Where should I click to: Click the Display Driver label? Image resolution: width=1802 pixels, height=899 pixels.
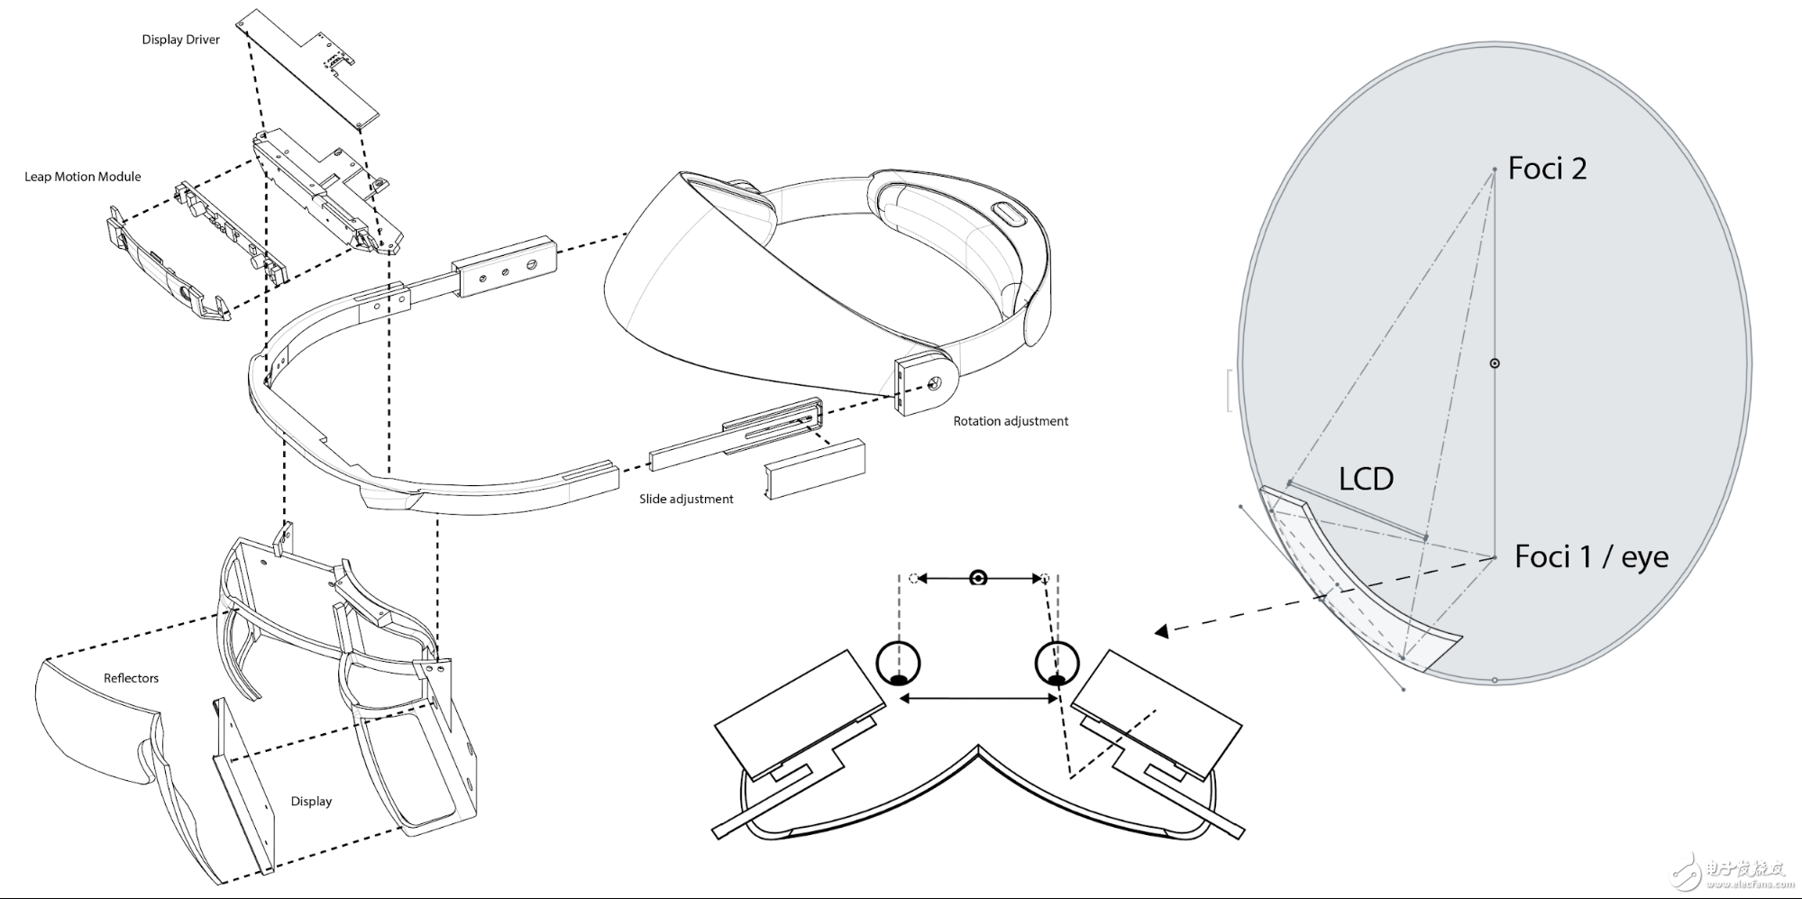pos(180,40)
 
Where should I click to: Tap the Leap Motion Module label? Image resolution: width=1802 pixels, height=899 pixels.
pos(83,177)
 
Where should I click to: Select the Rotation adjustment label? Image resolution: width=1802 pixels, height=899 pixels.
pos(1011,421)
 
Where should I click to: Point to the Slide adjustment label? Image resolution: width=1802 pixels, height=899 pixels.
pos(686,499)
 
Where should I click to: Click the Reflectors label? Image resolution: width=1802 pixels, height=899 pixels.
pos(131,678)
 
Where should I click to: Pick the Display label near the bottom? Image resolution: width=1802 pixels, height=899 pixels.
pos(311,801)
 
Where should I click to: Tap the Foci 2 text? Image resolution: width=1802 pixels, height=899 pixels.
pos(1547,169)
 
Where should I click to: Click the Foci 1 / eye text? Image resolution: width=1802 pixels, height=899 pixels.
pos(1591,556)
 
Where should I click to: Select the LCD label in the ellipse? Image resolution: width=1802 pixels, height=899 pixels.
pos(1366,479)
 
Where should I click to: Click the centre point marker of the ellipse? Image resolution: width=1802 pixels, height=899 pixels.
pos(1495,363)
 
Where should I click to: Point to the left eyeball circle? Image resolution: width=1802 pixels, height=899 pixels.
pos(898,663)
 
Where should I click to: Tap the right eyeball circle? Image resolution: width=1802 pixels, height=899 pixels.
pos(1057,663)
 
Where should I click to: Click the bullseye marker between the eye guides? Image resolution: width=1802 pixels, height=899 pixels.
pos(978,578)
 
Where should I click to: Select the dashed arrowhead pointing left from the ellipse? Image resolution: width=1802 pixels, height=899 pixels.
pos(1162,631)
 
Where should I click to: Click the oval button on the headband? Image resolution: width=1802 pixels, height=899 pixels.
pos(1008,216)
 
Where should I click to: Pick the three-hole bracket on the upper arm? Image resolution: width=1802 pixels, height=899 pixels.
pos(505,266)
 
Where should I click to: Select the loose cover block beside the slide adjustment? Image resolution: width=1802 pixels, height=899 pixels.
pos(815,469)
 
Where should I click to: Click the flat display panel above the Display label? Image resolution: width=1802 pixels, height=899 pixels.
pos(243,784)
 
